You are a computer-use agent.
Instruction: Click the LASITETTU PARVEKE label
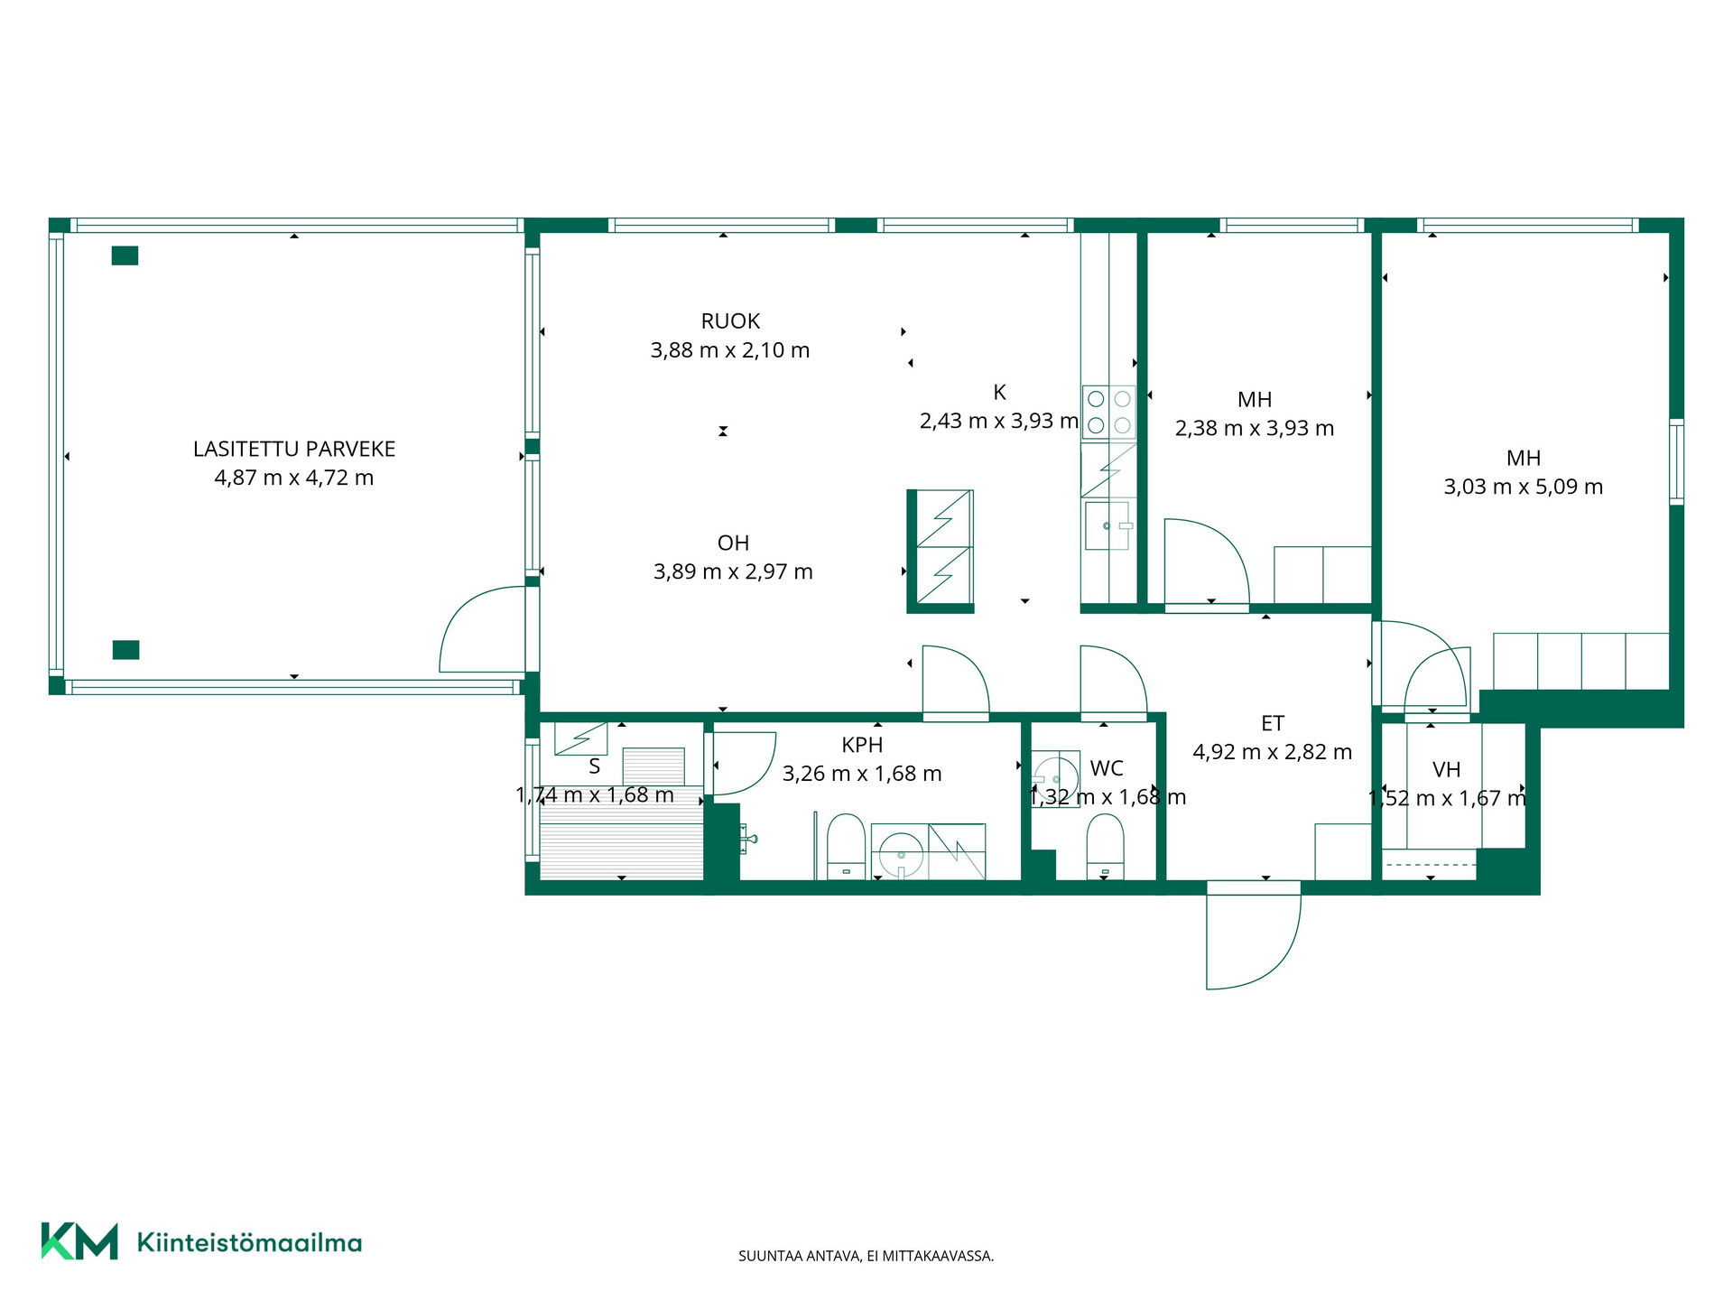point(294,449)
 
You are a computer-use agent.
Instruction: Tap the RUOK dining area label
point(730,320)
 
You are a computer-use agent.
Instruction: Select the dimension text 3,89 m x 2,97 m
point(733,571)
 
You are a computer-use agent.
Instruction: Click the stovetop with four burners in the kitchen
point(1109,412)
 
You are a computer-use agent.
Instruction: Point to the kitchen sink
point(1107,525)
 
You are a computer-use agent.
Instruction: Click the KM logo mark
point(79,1241)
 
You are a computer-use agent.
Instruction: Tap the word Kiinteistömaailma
point(249,1243)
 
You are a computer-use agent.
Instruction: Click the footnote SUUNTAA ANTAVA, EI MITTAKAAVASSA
point(866,1256)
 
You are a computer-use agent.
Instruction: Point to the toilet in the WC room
point(1105,846)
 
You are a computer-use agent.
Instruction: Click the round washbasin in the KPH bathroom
point(900,851)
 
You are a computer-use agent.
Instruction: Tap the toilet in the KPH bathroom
point(846,846)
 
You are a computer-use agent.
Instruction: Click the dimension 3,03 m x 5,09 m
point(1524,487)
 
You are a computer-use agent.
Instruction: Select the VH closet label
point(1447,769)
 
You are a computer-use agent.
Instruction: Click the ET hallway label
point(1273,723)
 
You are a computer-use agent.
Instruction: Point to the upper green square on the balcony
point(125,255)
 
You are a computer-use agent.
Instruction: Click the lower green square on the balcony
point(125,649)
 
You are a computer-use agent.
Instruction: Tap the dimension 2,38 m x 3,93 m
point(1255,428)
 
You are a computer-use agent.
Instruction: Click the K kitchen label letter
point(999,392)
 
